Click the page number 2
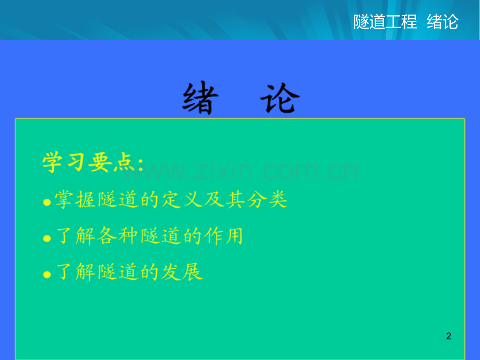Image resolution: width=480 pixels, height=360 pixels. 449,336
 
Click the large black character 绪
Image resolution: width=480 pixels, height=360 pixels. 200,98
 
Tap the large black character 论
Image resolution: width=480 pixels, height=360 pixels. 280,98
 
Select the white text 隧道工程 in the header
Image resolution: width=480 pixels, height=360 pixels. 385,22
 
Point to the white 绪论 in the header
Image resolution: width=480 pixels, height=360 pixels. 442,22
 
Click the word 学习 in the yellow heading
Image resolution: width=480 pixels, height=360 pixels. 63,162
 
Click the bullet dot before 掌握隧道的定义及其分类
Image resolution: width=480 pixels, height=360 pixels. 47,202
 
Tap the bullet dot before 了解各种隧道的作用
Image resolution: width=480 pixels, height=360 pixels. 47,238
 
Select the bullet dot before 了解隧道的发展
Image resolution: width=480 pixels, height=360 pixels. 47,274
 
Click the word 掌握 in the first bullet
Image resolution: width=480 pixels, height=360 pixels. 75,200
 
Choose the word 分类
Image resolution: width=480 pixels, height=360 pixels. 267,200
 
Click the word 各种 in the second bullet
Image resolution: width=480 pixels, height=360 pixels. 117,236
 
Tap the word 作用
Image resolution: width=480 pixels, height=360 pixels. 224,236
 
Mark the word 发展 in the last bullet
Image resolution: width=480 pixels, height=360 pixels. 182,272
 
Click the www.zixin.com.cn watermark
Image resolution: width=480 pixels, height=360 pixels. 241,170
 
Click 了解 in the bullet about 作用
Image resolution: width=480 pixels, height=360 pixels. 76,236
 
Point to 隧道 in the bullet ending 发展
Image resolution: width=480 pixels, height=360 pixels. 117,272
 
